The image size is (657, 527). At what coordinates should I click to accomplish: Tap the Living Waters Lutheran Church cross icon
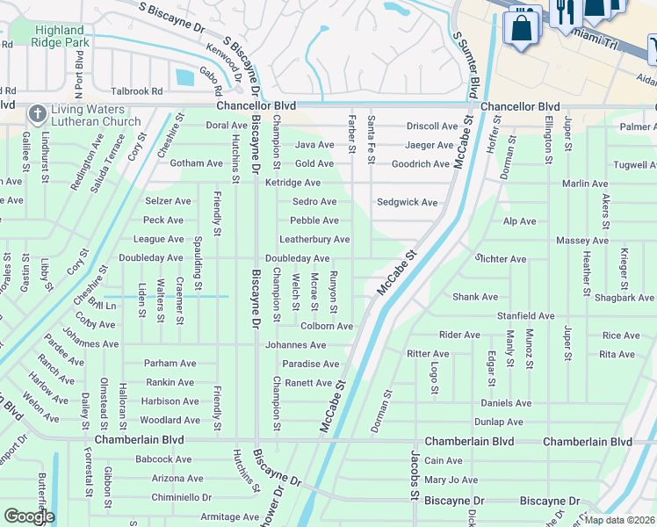click(x=36, y=113)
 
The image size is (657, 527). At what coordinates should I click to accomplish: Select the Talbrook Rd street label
click(x=138, y=90)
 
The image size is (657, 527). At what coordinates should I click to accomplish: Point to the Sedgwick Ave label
click(x=407, y=202)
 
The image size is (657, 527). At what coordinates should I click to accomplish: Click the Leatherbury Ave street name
click(x=314, y=240)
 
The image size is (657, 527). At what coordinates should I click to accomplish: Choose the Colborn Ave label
click(x=326, y=326)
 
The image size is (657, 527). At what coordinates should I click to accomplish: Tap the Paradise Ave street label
click(x=310, y=364)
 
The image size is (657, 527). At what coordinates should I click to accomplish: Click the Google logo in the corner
click(x=29, y=516)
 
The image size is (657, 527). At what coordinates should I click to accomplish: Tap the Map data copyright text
click(x=618, y=520)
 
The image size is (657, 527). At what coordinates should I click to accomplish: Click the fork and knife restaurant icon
click(x=564, y=11)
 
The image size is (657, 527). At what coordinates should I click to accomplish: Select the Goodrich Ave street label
click(x=420, y=164)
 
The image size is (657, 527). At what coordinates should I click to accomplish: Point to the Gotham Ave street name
click(x=196, y=163)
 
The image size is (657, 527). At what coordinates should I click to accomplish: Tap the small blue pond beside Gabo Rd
click(x=184, y=77)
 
